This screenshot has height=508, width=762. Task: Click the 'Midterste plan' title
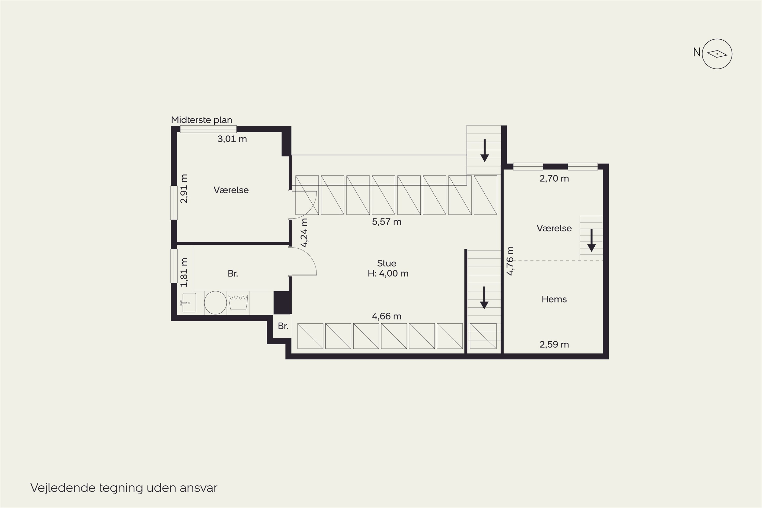pos(201,120)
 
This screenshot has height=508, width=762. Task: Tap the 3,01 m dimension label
pos(232,139)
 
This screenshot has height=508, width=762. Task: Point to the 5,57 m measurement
pos(387,222)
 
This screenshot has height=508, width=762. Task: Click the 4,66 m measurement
pos(387,316)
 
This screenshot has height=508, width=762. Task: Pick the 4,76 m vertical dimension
pos(510,261)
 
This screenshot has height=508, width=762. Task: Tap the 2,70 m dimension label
pos(554,179)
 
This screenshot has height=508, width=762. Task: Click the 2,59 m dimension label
pos(554,344)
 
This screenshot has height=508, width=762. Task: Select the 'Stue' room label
pos(387,263)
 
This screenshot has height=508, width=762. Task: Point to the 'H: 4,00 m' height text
pos(388,274)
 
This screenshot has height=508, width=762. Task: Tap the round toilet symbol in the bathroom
pos(215,303)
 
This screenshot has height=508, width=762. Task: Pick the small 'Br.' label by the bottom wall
pos(283,326)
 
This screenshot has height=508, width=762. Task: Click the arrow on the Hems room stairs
pos(591,240)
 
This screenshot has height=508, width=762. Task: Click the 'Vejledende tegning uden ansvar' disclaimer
pos(124,488)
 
